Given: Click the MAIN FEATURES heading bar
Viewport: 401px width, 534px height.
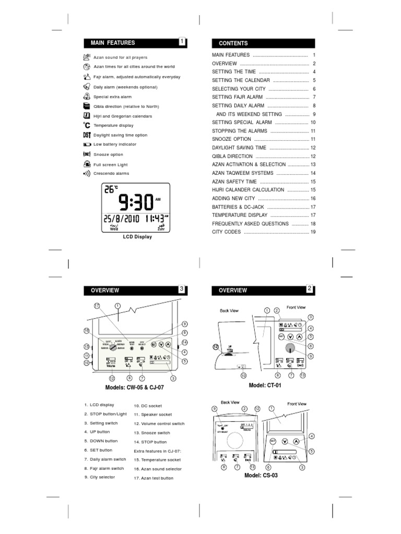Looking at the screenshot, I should pyautogui.click(x=131, y=43).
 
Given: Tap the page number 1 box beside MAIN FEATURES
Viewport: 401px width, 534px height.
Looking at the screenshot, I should pyautogui.click(x=182, y=42).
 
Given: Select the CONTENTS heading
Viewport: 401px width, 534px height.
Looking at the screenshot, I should pyautogui.click(x=233, y=43).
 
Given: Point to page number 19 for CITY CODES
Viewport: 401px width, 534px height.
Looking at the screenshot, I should pyautogui.click(x=313, y=232).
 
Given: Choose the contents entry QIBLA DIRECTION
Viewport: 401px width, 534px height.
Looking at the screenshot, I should pyautogui.click(x=232, y=156).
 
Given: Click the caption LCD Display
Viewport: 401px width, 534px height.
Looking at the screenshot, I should pyautogui.click(x=137, y=237).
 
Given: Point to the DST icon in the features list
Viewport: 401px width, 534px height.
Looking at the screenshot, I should pyautogui.click(x=87, y=135).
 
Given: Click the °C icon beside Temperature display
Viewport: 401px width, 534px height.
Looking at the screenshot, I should pyautogui.click(x=87, y=125).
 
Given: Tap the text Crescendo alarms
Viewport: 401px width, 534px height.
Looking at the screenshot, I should pyautogui.click(x=111, y=173).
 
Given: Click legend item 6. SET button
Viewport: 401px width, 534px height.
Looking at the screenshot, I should pyautogui.click(x=98, y=450).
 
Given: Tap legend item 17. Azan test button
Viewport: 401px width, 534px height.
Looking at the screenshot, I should pyautogui.click(x=154, y=478).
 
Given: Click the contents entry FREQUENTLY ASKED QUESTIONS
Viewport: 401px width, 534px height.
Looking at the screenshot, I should pyautogui.click(x=250, y=223).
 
